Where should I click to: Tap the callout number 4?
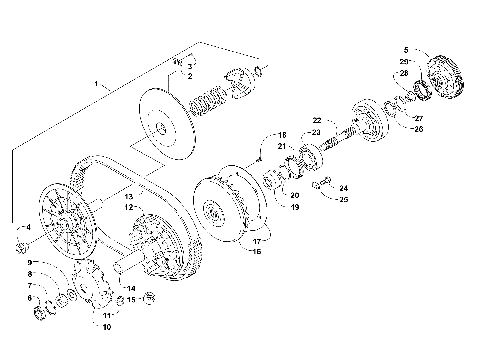[28, 228]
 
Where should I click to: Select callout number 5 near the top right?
[406, 49]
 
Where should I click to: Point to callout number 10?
[107, 326]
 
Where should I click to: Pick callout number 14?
[131, 288]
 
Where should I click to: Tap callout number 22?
[316, 120]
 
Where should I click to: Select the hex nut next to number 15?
[151, 297]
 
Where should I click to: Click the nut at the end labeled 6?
[42, 315]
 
